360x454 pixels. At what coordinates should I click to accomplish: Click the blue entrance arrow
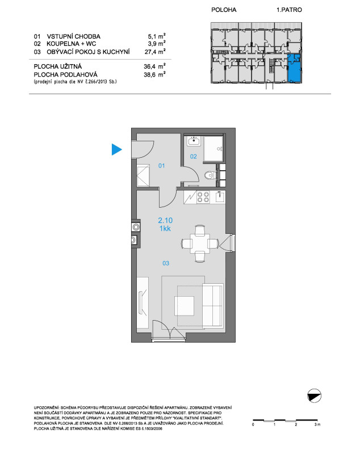(116, 149)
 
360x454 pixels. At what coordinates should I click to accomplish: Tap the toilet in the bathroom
(209, 175)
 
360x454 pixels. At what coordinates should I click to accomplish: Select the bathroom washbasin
(194, 141)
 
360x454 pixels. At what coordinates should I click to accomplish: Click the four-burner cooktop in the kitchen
(203, 197)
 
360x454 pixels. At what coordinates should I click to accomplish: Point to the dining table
(199, 244)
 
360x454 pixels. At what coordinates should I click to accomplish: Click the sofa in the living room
(213, 305)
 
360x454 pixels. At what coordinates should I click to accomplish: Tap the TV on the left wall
(142, 302)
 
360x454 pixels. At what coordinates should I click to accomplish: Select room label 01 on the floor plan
(161, 166)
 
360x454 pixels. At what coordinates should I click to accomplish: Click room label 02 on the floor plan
(193, 157)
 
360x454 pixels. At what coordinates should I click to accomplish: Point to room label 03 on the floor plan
(166, 263)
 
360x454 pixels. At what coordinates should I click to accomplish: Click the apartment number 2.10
(165, 220)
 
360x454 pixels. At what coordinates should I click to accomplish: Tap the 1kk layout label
(165, 229)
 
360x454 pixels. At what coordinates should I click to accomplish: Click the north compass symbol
(314, 396)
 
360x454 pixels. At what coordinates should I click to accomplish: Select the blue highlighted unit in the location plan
(295, 68)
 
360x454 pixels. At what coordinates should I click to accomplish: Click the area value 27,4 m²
(155, 52)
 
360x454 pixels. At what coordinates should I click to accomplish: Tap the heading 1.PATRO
(289, 10)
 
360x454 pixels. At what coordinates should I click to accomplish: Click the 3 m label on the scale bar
(317, 424)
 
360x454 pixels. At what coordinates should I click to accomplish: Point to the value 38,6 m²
(154, 74)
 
